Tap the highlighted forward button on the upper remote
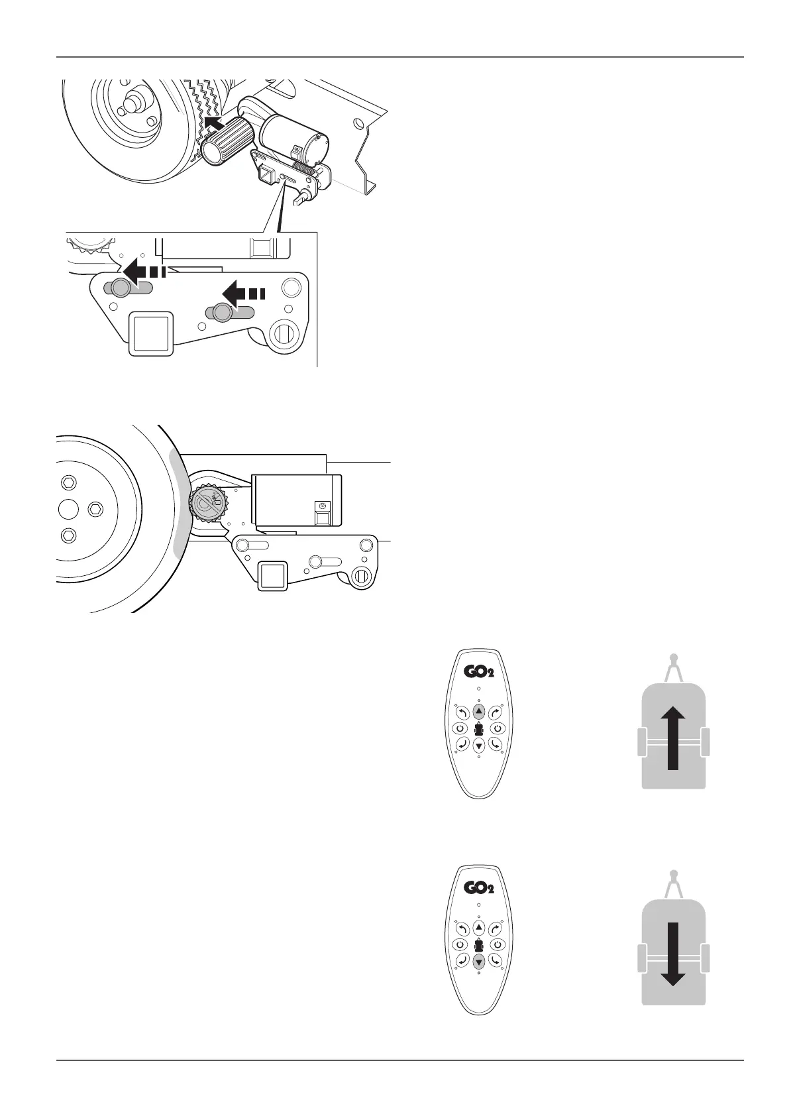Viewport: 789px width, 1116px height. pos(478,712)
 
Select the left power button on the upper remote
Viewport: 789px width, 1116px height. pos(460,728)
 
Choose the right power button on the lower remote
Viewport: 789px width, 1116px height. pos(497,944)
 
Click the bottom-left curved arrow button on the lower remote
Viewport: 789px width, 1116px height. pos(461,960)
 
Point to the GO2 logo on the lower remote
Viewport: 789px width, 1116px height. pos(478,888)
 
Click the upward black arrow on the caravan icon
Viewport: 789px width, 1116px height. pos(673,736)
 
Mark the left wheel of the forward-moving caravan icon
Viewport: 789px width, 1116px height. pos(641,742)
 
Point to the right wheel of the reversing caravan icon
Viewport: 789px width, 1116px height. pos(705,957)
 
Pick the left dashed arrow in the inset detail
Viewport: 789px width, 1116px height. pos(141,271)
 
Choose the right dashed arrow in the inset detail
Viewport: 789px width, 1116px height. pos(242,292)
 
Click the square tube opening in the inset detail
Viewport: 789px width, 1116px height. pos(151,333)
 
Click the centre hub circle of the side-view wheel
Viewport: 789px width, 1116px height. pos(70,508)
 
